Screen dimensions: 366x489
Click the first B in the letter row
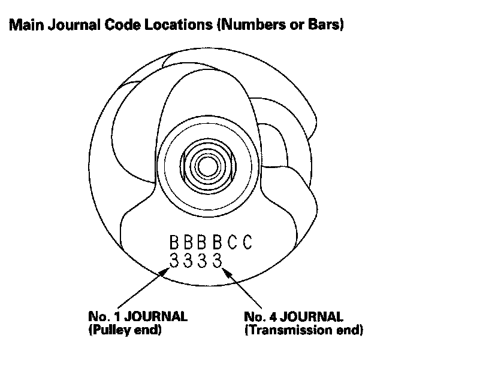pos(174,243)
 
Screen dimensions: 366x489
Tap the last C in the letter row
pos(246,243)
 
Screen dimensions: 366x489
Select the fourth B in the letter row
pos(218,243)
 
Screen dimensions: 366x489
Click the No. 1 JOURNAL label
pos(137,316)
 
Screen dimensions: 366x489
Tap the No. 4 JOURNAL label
pos(294,316)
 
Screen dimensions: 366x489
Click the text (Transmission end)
pos(303,330)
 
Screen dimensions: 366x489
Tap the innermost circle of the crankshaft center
pos(207,165)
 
